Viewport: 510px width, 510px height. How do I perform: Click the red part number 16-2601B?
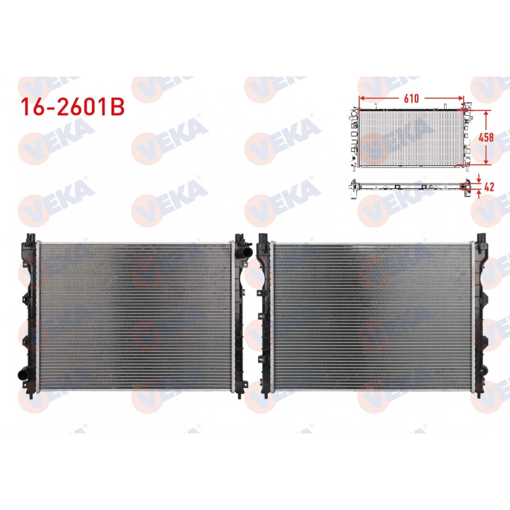(x=72, y=108)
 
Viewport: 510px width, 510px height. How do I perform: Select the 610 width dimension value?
(x=411, y=98)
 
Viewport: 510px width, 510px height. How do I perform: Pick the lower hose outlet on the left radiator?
(x=23, y=374)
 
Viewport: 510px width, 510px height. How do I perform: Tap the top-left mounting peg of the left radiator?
(x=30, y=236)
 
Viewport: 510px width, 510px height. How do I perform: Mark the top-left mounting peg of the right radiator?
(x=261, y=237)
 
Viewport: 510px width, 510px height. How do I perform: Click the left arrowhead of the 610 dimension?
(x=362, y=98)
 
